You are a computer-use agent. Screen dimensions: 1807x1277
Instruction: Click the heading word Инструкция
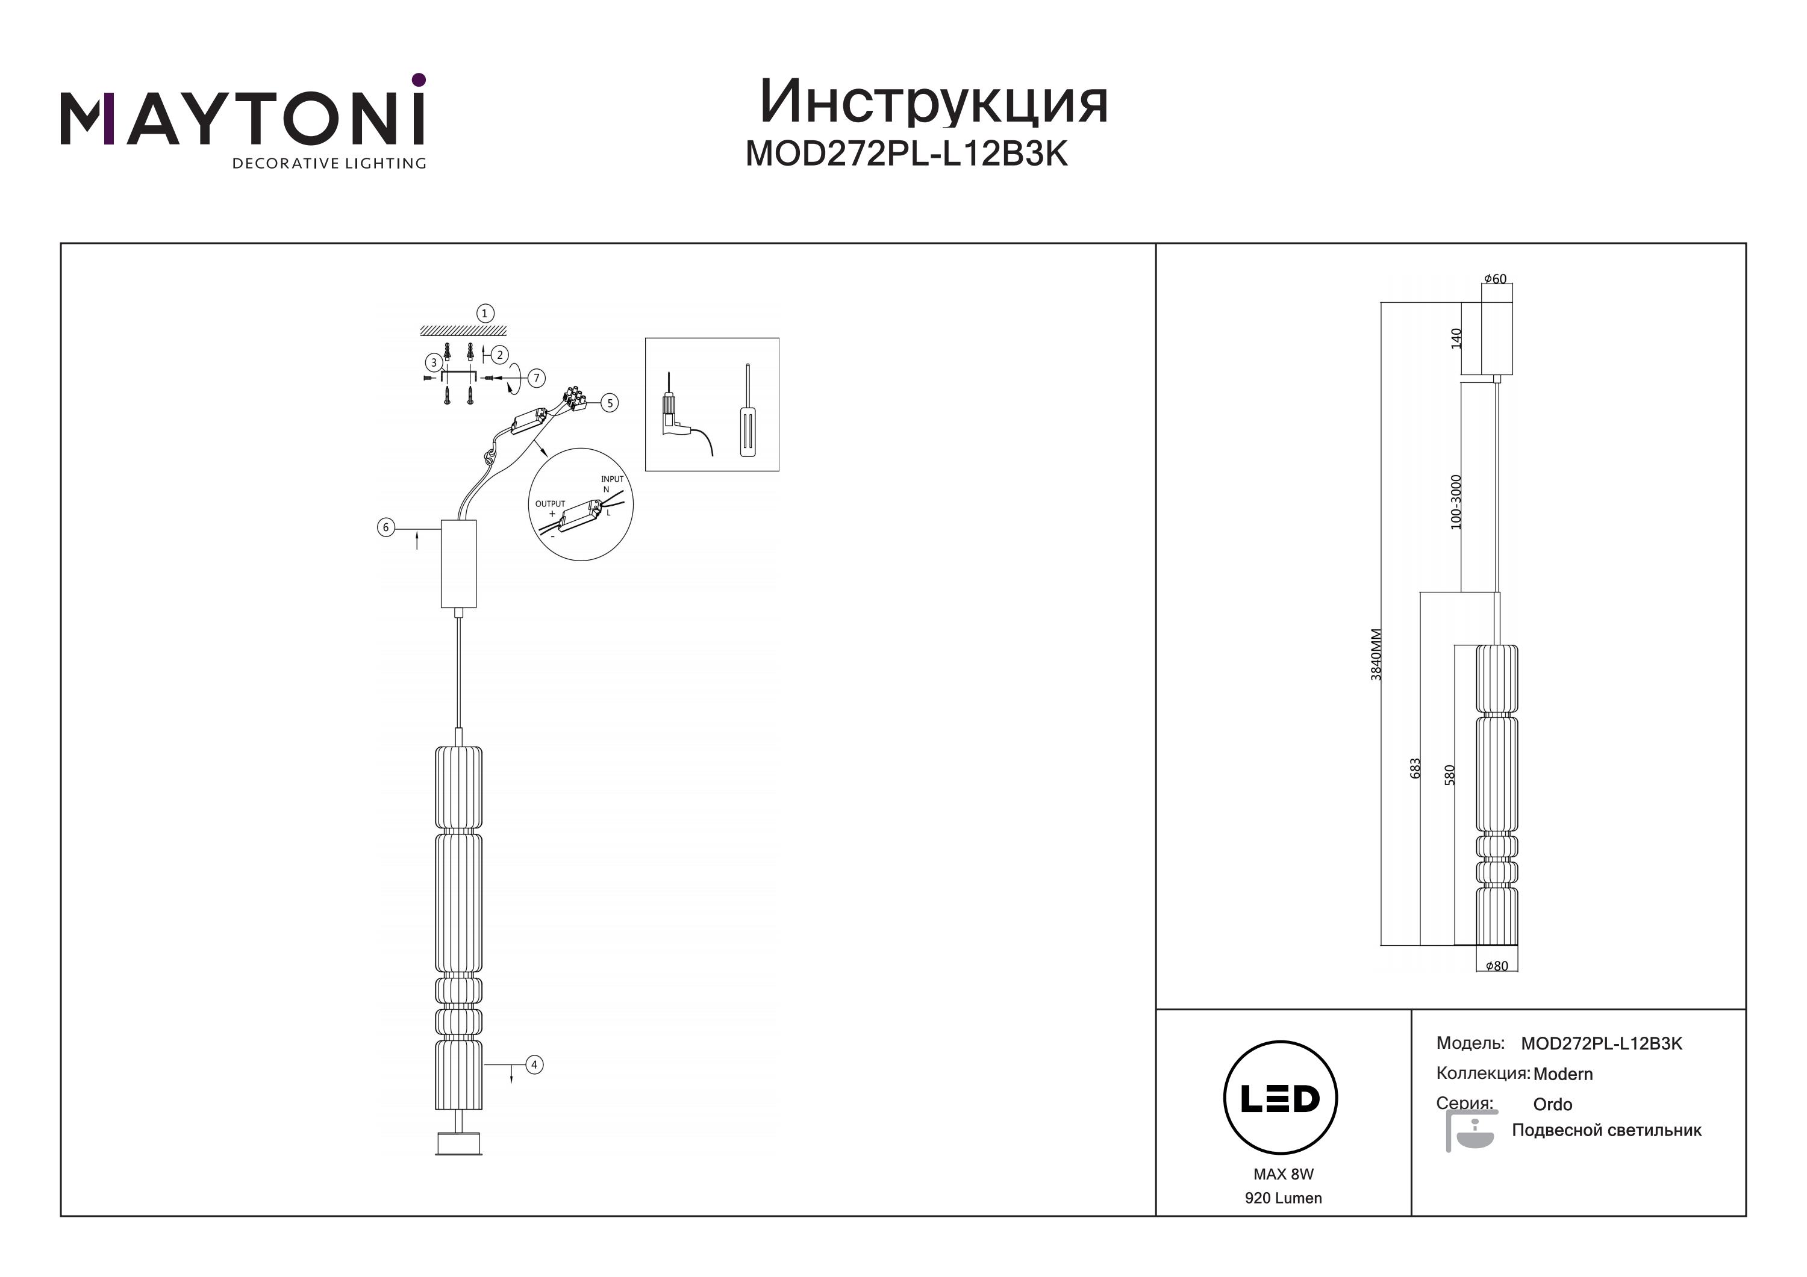[x=934, y=102]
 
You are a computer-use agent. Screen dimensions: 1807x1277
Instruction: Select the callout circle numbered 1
[x=485, y=313]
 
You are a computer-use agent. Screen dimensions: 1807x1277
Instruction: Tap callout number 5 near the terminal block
[x=609, y=403]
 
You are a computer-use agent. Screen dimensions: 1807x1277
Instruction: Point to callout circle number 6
[x=385, y=527]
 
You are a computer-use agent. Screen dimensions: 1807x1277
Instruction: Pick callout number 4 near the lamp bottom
[x=534, y=1064]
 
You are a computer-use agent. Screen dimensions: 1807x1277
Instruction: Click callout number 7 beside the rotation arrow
[x=537, y=379]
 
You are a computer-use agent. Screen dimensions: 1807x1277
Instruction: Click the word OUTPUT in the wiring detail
[x=550, y=503]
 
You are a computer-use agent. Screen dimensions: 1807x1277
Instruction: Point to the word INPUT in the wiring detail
[x=613, y=479]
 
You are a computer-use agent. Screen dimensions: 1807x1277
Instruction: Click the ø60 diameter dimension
[x=1496, y=279]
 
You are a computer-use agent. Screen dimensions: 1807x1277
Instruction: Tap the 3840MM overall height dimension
[x=1376, y=654]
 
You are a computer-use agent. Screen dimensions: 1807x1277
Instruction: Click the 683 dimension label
[x=1415, y=768]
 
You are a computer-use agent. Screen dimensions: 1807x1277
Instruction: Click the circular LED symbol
[x=1281, y=1098]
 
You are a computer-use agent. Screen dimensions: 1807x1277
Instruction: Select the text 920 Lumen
[x=1284, y=1198]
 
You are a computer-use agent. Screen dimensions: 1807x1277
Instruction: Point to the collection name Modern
[x=1563, y=1074]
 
